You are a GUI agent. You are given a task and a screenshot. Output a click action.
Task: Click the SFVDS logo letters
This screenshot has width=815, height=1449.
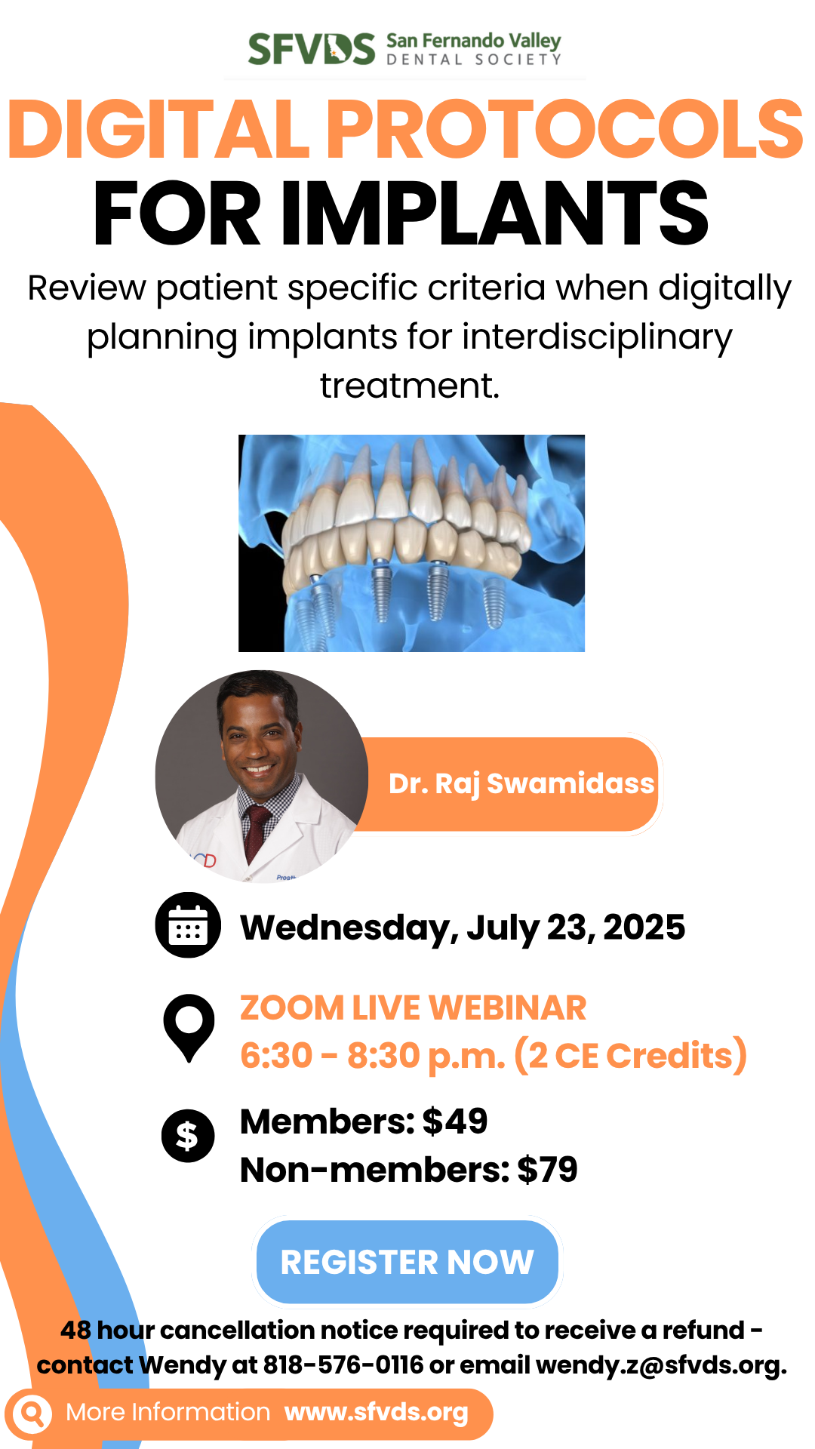coord(312,49)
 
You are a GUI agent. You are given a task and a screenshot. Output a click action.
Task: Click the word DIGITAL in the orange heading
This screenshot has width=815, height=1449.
coord(159,129)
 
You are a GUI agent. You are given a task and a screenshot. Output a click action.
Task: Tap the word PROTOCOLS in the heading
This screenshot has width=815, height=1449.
coord(564,129)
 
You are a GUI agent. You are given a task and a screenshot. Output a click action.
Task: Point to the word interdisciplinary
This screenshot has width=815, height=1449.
coord(598,337)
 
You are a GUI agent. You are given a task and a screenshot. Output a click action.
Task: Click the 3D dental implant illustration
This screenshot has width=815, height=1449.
coord(411,543)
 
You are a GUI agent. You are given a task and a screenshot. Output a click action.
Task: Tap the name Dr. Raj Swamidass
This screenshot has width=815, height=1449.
coord(521,784)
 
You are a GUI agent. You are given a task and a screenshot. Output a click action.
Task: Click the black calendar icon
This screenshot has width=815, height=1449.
coord(188,925)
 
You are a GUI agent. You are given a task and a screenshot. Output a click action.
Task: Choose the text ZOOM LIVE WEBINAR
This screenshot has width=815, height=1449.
coord(414,1008)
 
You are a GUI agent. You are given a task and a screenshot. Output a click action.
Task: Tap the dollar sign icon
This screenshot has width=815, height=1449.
coord(188,1136)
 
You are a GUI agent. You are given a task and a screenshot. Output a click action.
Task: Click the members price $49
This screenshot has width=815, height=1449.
coord(455,1121)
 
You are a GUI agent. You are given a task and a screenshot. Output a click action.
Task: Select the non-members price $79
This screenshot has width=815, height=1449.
coord(547,1170)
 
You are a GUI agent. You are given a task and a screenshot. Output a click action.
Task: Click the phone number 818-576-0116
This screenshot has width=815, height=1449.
coord(343,1365)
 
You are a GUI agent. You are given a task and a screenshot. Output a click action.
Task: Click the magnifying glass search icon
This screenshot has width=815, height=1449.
coord(32,1413)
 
